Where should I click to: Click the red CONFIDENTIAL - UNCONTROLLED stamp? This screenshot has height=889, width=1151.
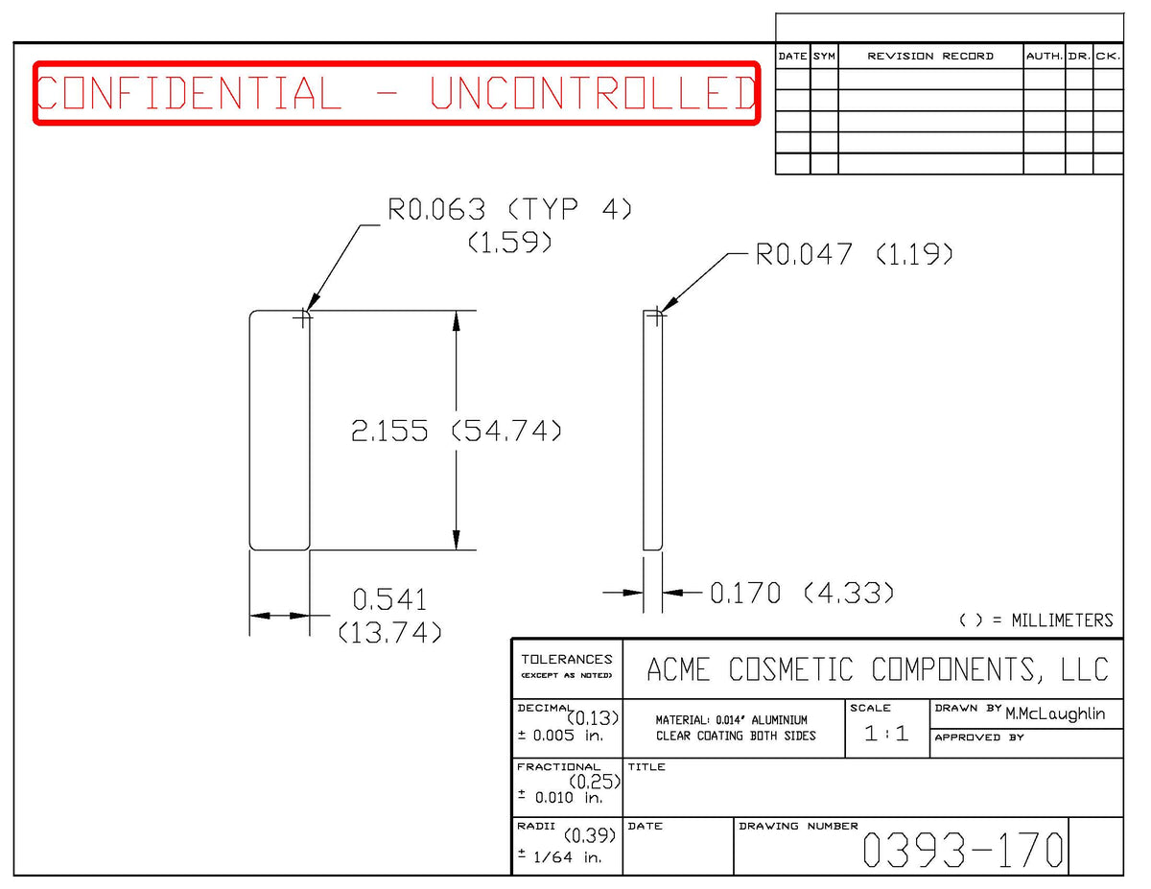point(397,93)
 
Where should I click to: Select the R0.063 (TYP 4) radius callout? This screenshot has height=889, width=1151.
point(509,209)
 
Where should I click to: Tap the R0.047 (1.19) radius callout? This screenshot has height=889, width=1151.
point(854,254)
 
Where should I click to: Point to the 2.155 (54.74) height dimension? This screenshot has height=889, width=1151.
point(456,431)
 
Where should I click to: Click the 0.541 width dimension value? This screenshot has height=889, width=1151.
point(389,600)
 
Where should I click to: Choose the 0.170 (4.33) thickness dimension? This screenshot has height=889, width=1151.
point(802,593)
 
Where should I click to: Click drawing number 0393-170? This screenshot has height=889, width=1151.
point(962,850)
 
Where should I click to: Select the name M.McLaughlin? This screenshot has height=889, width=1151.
point(1055,714)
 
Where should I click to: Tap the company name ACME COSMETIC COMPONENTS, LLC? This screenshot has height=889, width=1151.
point(878,669)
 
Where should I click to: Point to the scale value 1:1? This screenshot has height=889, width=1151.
point(886,734)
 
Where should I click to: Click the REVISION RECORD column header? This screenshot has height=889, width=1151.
point(930,57)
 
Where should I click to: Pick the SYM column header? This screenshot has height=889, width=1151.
point(824,57)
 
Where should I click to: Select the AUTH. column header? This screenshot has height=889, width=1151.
point(1045,57)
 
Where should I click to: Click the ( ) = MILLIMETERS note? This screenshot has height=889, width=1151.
point(1036,620)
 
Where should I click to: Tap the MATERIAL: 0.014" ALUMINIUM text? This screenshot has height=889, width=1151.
point(732,720)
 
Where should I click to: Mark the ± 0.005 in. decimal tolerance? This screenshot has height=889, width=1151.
point(560,736)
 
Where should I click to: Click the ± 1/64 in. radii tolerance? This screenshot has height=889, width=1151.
point(559,856)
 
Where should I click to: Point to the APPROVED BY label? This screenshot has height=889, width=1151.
point(979,737)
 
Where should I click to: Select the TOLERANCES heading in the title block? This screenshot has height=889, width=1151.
point(567,660)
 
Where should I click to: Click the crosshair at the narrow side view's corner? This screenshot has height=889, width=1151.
point(657,316)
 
